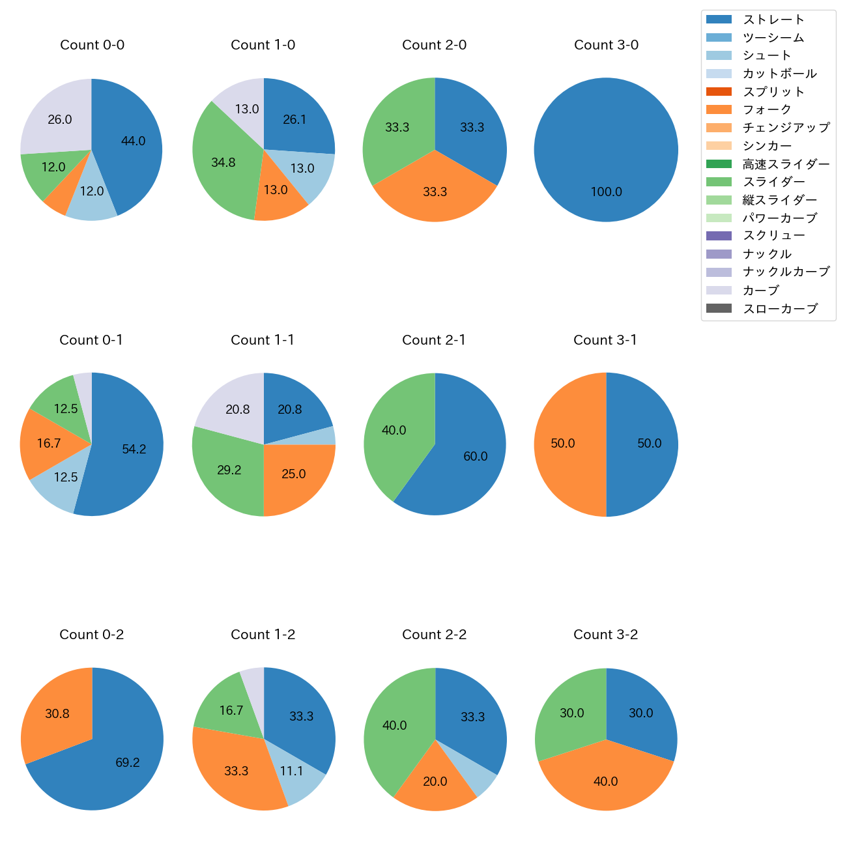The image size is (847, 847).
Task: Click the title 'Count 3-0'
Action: pos(606,45)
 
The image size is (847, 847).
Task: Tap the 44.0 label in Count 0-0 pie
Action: pos(133,141)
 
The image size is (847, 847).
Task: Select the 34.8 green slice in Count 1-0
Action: pos(223,162)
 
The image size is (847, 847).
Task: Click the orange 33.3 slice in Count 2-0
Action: pos(435,192)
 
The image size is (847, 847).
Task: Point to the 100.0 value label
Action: pos(606,192)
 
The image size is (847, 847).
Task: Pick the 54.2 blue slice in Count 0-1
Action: pos(134,449)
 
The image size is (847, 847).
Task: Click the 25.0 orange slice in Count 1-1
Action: pos(293,474)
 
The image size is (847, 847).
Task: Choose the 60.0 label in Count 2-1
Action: pos(475,456)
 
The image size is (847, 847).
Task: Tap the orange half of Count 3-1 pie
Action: pos(563,443)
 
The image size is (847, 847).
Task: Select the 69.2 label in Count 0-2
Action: pos(127,762)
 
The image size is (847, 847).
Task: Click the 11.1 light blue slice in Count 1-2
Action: pos(291,771)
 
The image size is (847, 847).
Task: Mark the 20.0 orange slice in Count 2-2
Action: pos(435,781)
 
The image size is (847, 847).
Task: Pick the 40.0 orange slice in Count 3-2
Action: pos(605,781)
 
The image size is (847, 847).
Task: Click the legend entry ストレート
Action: pos(773,20)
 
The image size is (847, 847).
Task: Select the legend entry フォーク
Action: pos(767,109)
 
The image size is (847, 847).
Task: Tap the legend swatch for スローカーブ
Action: pos(719,308)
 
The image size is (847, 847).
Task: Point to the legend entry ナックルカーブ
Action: pos(786,272)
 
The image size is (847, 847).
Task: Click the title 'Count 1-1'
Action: pos(263,340)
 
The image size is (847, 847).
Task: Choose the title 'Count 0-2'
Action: pos(91,635)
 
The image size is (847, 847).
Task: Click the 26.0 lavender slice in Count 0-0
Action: pos(59,119)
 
